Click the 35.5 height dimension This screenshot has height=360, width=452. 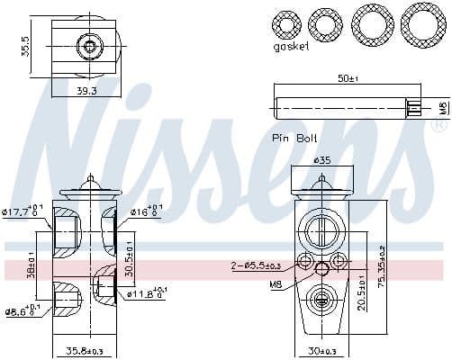(26, 46)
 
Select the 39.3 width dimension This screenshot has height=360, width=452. (86, 91)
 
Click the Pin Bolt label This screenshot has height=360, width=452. (293, 138)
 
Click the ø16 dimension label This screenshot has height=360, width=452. (147, 212)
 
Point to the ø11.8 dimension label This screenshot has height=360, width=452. (144, 292)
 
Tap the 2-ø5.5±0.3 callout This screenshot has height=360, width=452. (258, 265)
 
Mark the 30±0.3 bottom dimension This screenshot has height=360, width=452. (321, 350)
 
